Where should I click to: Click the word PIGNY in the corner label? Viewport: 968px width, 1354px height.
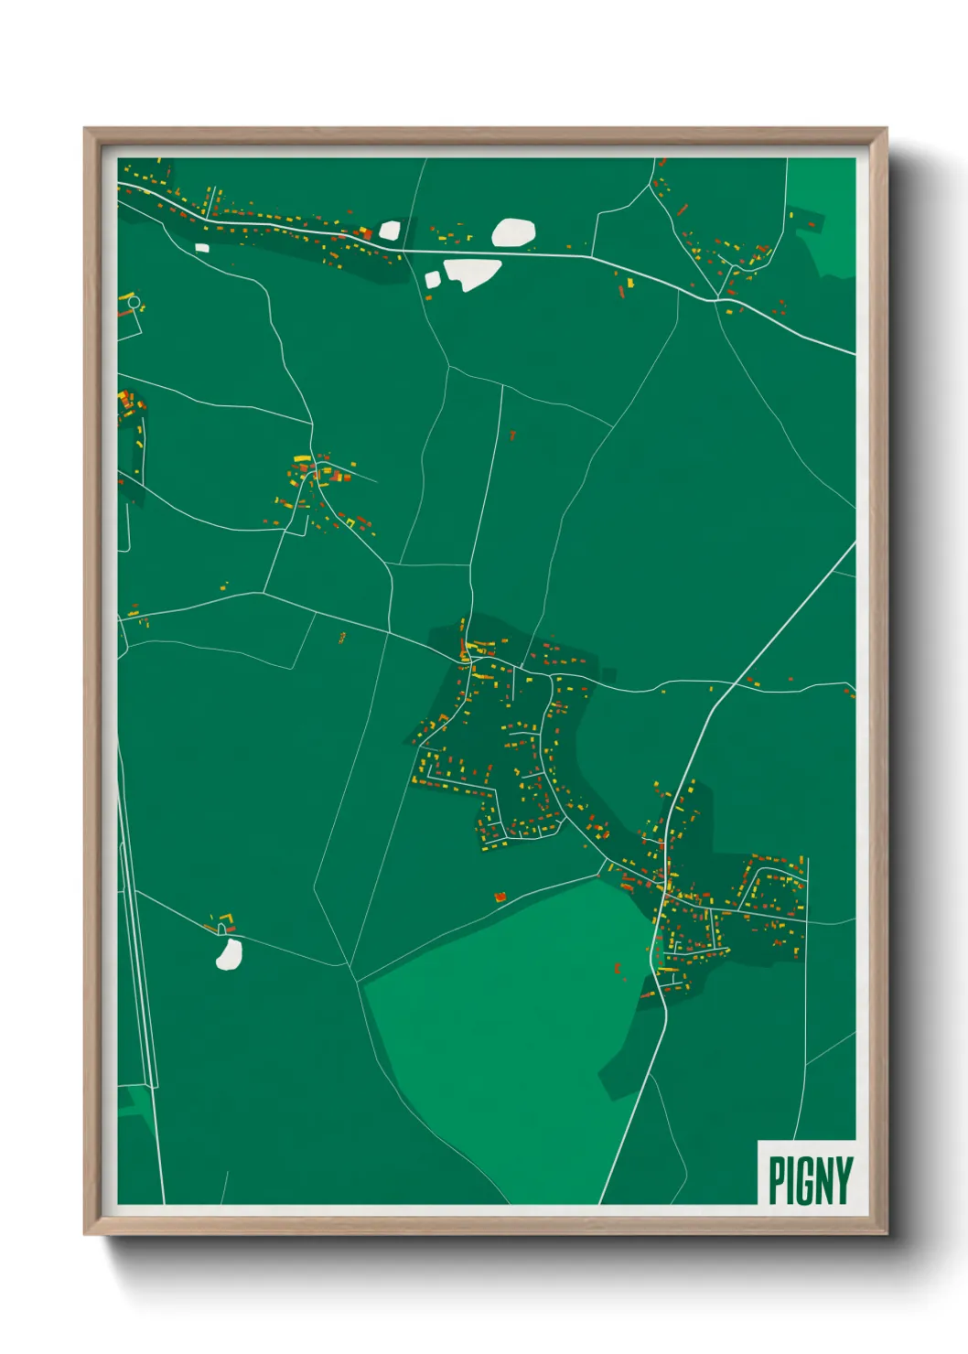(x=810, y=1180)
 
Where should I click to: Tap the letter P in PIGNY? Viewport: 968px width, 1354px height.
(x=778, y=1180)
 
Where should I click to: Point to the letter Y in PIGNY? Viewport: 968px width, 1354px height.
(x=843, y=1180)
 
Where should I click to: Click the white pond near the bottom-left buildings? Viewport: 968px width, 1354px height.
(x=229, y=953)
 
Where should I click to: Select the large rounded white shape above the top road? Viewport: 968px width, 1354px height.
(x=513, y=232)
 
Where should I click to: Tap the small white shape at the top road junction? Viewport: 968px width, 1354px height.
(x=390, y=231)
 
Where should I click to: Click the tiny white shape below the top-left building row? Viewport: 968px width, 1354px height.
(x=202, y=246)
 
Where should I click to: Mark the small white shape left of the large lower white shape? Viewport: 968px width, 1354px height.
(x=432, y=279)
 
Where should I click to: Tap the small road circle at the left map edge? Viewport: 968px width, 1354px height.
(x=134, y=302)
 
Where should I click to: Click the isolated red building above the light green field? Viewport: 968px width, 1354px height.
(x=500, y=897)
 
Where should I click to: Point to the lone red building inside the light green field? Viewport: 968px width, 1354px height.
(x=618, y=967)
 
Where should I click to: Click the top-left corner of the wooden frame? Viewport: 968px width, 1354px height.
(x=86, y=130)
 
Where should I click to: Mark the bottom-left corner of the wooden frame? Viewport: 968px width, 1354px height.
(x=86, y=1233)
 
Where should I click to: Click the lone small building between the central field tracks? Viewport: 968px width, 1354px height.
(x=512, y=435)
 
